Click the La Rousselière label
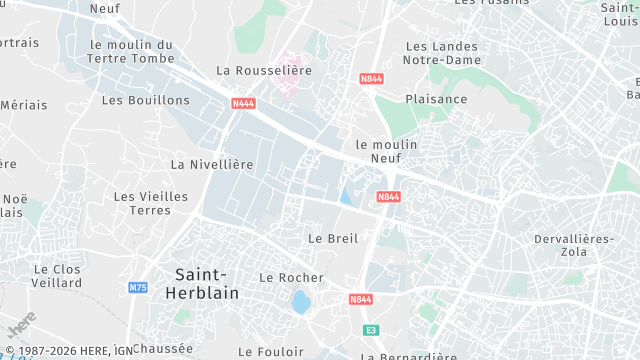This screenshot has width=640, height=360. [264, 70]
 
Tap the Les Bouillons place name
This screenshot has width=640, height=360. [146, 100]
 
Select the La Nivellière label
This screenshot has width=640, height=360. [212, 164]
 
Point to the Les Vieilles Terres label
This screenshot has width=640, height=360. [151, 203]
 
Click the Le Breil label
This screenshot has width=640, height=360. [333, 238]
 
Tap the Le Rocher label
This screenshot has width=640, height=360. [291, 277]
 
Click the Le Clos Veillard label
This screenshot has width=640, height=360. [57, 276]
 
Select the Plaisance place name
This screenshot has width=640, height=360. [436, 99]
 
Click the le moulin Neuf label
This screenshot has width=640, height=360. [386, 151]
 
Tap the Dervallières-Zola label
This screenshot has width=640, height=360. [574, 245]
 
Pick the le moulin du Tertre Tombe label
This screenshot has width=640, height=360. [131, 51]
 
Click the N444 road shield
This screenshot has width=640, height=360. [241, 102]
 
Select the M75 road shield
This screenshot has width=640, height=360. [138, 288]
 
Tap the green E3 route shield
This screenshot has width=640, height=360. [371, 329]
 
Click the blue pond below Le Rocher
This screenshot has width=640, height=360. [300, 301]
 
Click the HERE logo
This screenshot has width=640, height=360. [21, 325]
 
